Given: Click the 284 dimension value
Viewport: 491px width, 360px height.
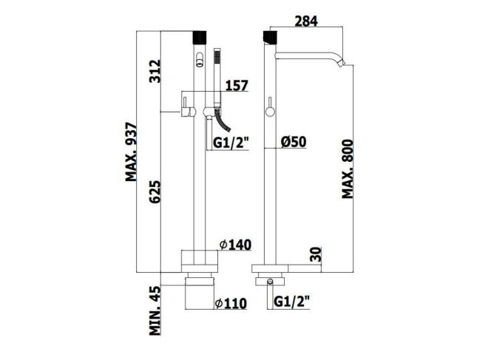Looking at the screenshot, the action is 306,21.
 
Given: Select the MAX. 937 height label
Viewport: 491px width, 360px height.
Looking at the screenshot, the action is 131,152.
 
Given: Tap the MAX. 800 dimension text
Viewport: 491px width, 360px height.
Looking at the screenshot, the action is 348,169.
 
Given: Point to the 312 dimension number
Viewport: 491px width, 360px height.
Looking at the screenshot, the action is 155,71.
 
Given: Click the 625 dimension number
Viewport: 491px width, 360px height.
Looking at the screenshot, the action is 155,191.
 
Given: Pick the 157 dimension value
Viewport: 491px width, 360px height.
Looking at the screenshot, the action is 237,86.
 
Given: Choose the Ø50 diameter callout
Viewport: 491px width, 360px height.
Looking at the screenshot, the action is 294,141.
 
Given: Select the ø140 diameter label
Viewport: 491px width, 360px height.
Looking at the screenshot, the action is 235,245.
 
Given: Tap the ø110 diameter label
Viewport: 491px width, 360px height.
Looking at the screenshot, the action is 231,303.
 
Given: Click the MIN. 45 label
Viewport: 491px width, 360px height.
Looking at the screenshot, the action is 155,310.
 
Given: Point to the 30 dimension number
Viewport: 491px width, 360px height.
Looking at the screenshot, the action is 316,254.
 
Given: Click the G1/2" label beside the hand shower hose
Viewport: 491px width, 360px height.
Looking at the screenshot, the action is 231,143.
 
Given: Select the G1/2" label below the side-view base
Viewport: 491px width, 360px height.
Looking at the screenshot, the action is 291,302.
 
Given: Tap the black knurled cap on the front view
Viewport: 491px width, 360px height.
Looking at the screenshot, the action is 200,37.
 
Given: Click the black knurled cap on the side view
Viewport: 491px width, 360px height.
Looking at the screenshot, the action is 270,37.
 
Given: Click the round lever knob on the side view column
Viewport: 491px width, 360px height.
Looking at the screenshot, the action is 270,112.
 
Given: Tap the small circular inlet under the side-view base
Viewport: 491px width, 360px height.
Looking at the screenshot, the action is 270,282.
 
